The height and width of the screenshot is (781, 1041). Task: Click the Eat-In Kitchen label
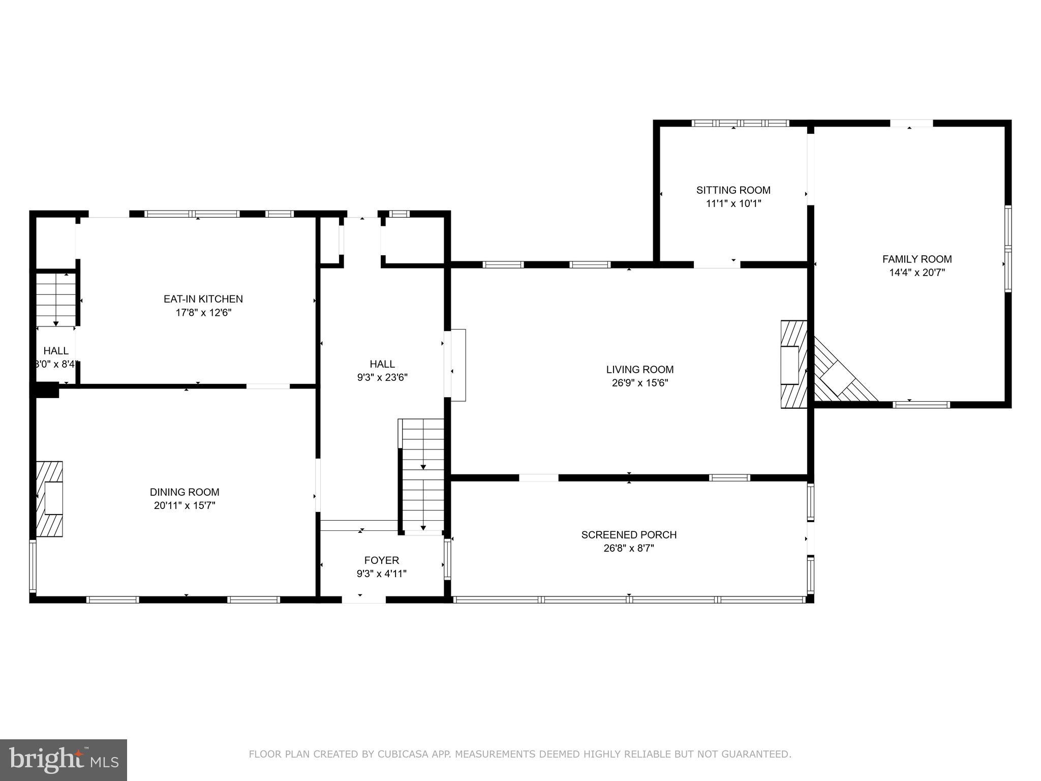203,299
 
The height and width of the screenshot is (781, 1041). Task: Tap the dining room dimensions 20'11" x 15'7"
185,505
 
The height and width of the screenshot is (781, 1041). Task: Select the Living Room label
639,370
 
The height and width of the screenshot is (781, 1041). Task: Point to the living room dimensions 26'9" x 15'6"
639,383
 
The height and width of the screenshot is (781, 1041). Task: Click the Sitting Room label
733,190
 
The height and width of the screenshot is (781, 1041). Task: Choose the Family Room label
916,259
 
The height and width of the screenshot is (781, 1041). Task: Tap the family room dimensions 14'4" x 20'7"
916,273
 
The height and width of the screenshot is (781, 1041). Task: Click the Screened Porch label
629,535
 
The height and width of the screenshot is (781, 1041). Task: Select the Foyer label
381,560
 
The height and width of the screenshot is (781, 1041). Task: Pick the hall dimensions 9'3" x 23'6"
382,377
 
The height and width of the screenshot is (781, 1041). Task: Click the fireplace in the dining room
50,499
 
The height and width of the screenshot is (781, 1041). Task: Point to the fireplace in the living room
793,364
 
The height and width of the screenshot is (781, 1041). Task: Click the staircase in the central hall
422,475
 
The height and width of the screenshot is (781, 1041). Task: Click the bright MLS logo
64,760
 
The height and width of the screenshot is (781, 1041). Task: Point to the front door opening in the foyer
363,600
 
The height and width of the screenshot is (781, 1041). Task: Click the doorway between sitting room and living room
717,264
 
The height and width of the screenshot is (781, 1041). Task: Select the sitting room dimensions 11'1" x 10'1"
733,203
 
